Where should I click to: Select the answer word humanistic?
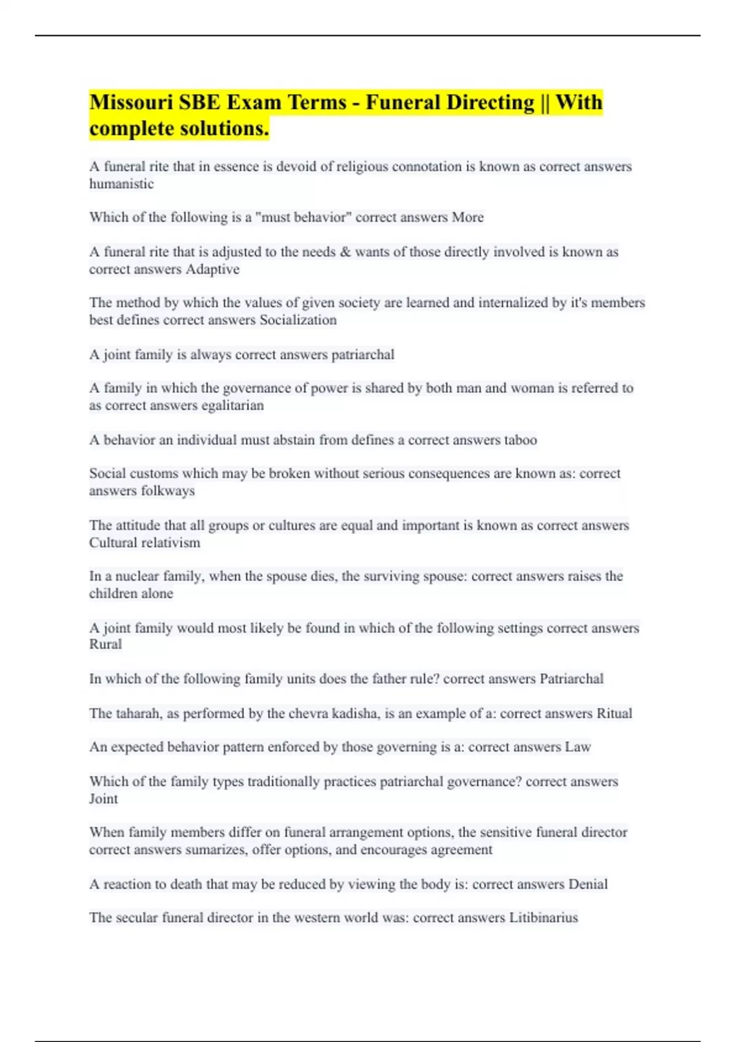pos(121,184)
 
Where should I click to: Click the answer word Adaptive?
pos(212,269)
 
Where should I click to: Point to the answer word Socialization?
pos(298,320)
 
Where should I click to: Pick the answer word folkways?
pos(168,491)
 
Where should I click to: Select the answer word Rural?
pos(105,644)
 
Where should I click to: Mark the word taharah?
pos(138,713)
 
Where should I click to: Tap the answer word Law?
pos(577,747)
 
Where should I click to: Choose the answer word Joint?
pos(104,799)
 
